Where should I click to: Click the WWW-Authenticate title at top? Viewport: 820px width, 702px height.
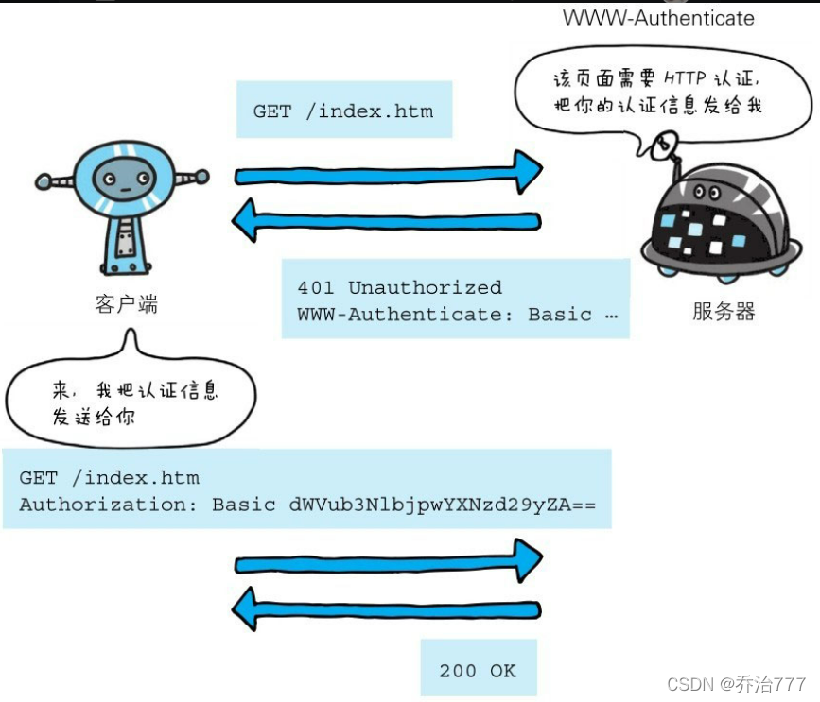[x=658, y=18]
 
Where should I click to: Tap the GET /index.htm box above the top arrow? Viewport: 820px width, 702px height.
[x=343, y=111]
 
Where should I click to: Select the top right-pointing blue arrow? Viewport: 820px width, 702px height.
[x=388, y=174]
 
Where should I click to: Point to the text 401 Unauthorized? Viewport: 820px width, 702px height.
[x=399, y=287]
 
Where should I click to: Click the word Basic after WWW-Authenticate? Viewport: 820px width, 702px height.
[x=560, y=315]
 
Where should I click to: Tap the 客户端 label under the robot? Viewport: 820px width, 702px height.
[x=126, y=304]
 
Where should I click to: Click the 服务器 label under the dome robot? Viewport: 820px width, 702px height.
[x=724, y=312]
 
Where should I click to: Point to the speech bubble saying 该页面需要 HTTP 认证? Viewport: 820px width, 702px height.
[x=659, y=92]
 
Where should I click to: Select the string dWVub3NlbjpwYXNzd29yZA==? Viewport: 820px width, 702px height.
[x=443, y=505]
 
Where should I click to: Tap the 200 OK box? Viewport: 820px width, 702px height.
[x=478, y=671]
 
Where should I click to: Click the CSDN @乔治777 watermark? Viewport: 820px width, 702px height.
[x=736, y=683]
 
